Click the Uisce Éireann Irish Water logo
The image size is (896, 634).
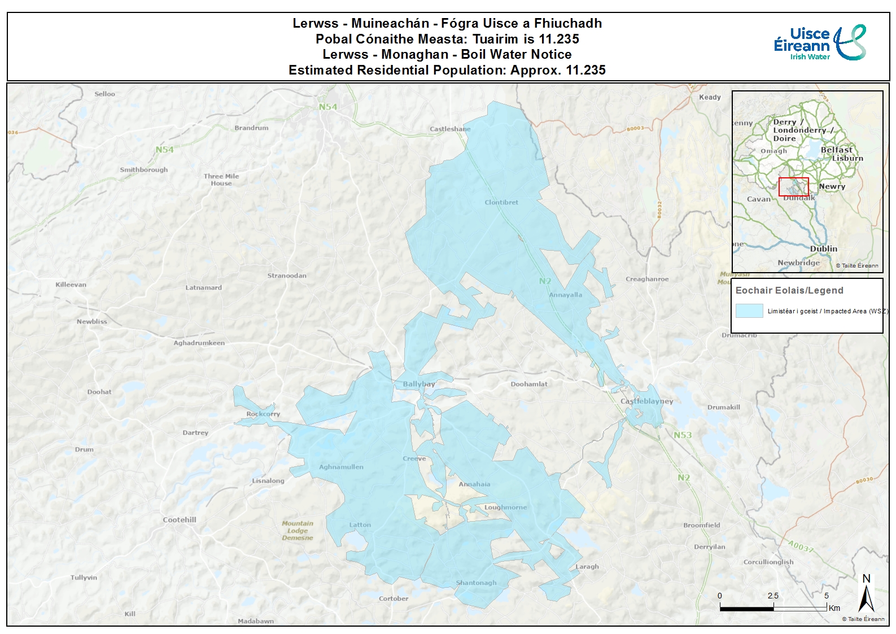820,43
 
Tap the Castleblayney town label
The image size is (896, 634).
646,401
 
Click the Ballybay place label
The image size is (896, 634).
418,384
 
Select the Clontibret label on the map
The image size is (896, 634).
501,202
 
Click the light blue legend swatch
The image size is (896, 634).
749,311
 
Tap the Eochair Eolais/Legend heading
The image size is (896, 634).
789,290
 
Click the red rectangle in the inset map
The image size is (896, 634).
793,187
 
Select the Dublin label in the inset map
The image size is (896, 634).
823,248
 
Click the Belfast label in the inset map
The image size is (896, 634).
836,150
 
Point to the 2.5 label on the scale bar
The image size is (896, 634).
773,596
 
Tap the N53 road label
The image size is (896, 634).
682,435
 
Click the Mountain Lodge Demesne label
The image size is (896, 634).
298,530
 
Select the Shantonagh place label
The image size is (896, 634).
476,583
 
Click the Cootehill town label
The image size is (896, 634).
180,519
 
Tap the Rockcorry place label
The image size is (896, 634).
263,414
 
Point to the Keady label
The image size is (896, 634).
710,97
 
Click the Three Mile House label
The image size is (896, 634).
221,180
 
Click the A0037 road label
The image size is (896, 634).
801,547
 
